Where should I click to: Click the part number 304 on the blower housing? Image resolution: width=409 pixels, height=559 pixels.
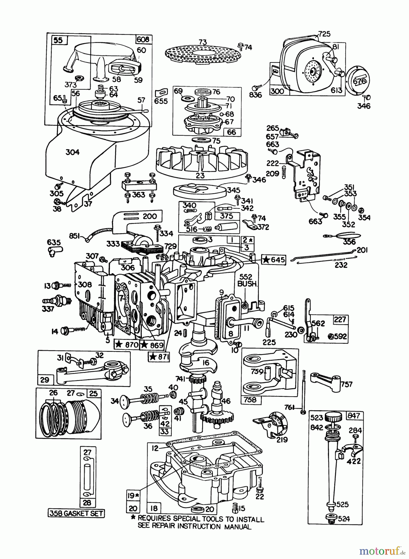[72, 152]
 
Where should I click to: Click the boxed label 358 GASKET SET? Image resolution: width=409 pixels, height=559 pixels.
[76, 513]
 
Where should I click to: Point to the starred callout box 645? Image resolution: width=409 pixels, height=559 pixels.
[274, 260]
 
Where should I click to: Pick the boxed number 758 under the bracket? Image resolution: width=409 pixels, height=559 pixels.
[250, 400]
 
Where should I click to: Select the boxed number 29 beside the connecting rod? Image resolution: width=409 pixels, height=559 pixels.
[44, 379]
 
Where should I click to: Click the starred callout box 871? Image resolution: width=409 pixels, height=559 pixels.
[159, 357]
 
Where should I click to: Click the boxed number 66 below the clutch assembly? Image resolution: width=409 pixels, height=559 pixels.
[231, 132]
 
